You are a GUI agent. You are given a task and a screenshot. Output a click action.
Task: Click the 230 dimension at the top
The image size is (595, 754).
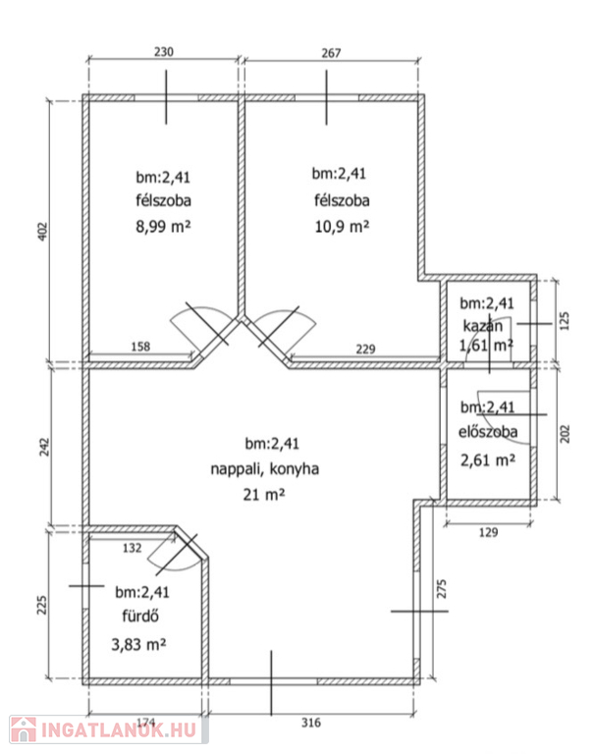(164, 51)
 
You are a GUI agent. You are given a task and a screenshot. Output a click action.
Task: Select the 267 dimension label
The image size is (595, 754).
(331, 52)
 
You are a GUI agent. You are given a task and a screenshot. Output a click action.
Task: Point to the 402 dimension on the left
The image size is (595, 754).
(43, 232)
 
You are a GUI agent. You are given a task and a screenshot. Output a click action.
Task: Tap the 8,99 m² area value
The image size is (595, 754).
(163, 226)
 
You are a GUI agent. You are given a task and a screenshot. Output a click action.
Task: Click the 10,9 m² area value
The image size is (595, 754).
(342, 226)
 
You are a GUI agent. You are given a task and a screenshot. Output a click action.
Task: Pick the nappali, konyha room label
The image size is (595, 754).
(264, 469)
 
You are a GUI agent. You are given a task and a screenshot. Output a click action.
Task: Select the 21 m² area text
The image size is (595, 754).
(263, 494)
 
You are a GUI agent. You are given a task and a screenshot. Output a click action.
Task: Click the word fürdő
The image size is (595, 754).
(140, 616)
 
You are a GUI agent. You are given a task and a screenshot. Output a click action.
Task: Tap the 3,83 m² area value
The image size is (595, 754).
(138, 644)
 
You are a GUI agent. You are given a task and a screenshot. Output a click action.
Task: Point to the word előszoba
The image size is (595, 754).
(488, 431)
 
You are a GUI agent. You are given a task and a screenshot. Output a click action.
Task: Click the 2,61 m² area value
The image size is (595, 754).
(488, 460)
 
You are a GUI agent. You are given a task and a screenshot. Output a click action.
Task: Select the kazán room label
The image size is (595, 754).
(482, 326)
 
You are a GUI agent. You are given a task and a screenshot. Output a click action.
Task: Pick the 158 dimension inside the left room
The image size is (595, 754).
(140, 347)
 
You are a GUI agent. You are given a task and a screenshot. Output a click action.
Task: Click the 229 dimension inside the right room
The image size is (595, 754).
(365, 349)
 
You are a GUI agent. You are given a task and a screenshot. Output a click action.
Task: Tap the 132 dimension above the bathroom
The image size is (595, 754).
(132, 548)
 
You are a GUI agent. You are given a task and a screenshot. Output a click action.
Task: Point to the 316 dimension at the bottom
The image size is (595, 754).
(310, 723)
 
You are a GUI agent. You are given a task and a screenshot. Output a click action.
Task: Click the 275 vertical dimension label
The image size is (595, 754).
(441, 589)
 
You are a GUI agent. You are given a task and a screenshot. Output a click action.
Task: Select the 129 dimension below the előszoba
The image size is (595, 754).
(488, 532)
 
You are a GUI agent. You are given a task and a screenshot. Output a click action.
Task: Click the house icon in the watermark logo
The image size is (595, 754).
(24, 730)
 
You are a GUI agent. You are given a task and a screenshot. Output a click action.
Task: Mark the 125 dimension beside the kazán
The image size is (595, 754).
(565, 321)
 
